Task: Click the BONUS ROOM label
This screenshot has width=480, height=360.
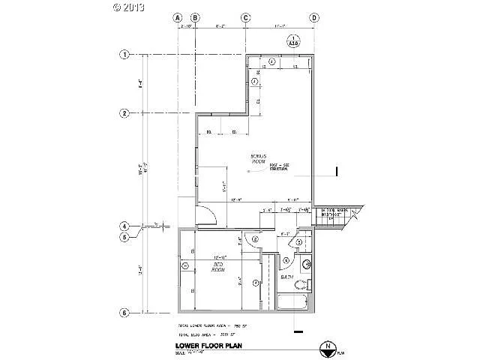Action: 259,159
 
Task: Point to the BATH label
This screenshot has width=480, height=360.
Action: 286,277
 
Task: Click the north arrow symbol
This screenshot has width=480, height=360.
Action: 326,346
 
